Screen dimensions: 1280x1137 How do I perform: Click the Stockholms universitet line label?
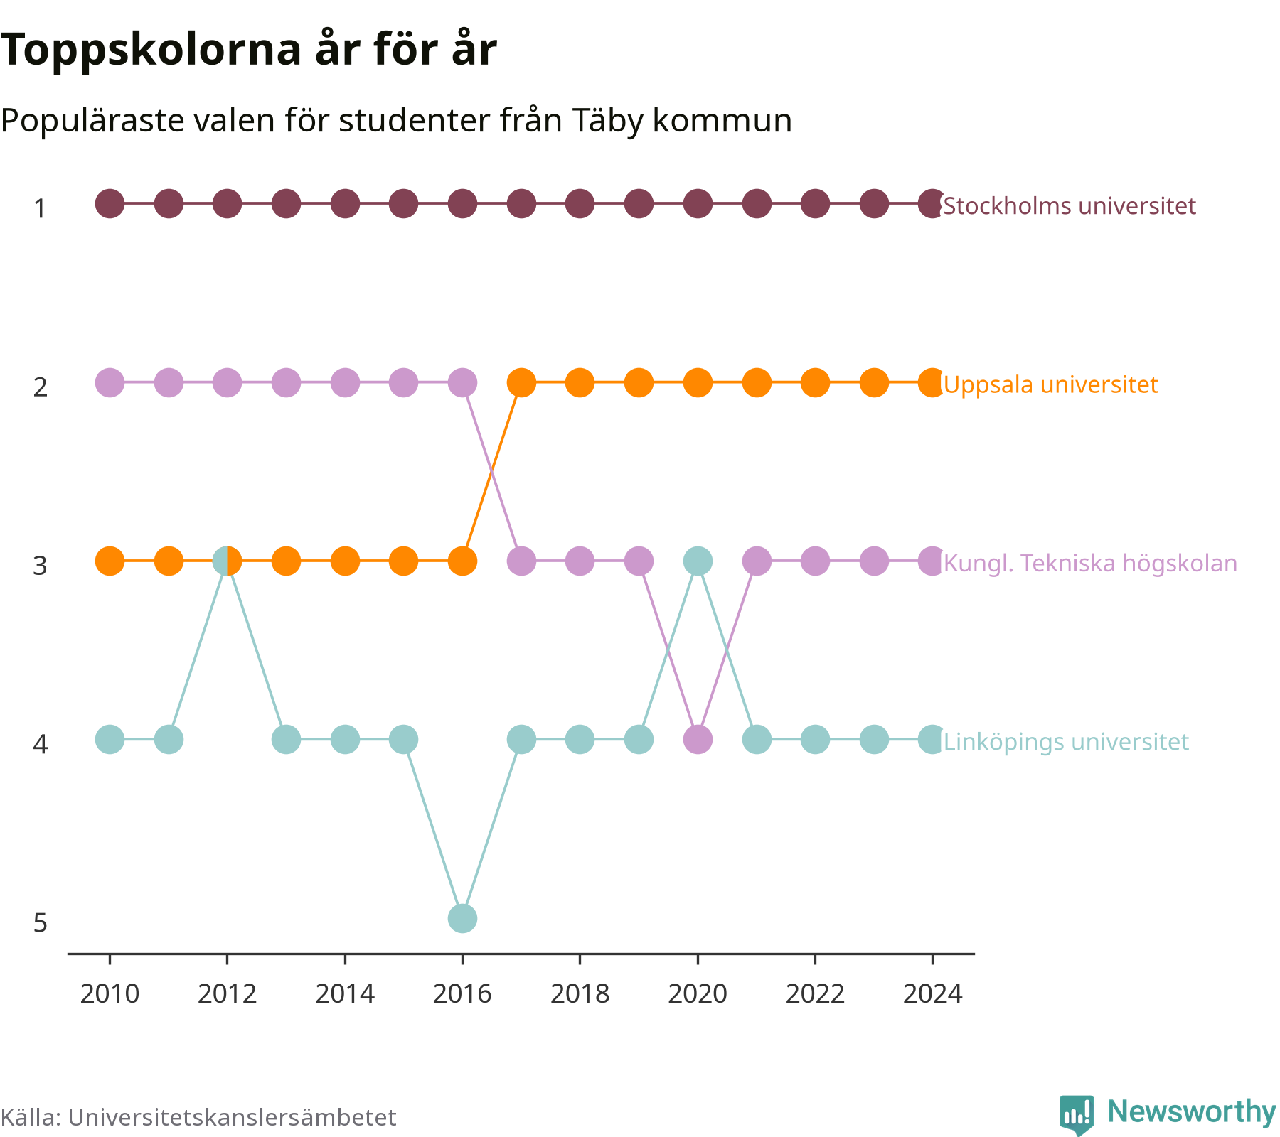[1070, 206]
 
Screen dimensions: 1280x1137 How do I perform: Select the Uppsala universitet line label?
[1050, 384]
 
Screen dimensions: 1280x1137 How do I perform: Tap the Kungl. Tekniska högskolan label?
[1090, 563]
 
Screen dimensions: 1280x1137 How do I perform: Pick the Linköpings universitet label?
[1066, 742]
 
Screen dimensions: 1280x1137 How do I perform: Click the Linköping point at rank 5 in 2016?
[462, 918]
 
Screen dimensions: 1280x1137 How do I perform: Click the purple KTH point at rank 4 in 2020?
[698, 740]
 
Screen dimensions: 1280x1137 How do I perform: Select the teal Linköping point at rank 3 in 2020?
[698, 561]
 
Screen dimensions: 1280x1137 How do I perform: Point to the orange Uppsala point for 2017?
[521, 382]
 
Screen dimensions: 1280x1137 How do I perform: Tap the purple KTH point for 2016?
[462, 382]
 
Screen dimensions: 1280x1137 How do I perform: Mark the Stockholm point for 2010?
[110, 204]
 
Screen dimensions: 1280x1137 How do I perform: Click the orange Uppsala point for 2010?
[110, 561]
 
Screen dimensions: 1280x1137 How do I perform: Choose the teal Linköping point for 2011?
[169, 740]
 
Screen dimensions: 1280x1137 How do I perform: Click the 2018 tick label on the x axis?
[580, 993]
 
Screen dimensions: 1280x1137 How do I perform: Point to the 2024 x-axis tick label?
[932, 993]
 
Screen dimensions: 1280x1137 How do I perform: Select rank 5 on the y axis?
[41, 923]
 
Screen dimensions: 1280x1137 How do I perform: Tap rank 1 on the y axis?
[41, 209]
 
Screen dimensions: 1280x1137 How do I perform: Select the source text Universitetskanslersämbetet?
[232, 1117]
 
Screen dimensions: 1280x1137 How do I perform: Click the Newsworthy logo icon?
[1077, 1115]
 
